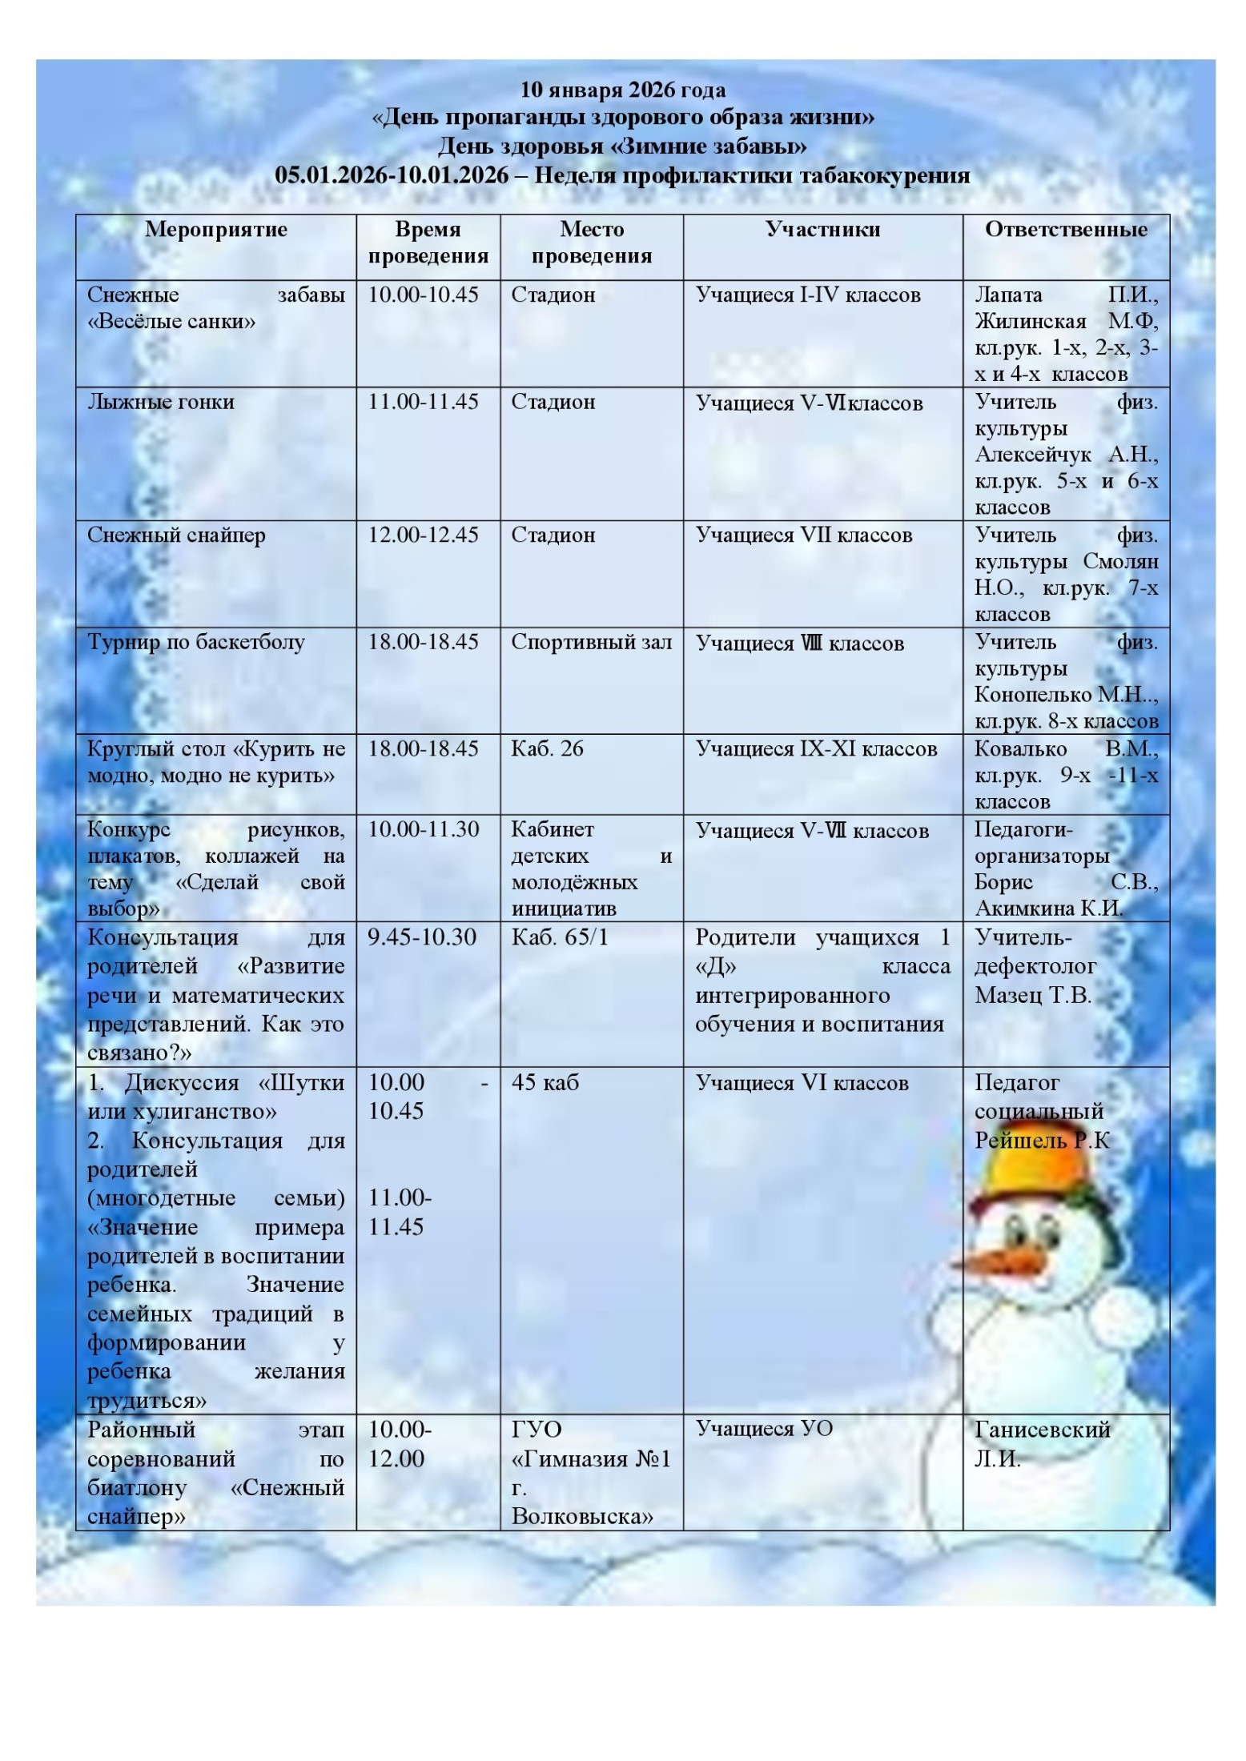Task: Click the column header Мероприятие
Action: pyautogui.click(x=215, y=230)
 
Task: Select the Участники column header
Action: pyautogui.click(x=822, y=230)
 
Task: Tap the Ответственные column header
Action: pyautogui.click(x=1066, y=230)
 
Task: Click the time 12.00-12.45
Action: pyautogui.click(x=423, y=536)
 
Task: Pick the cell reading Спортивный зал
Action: pyautogui.click(x=591, y=643)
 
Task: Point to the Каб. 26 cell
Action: pyautogui.click(x=547, y=749)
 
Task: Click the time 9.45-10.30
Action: pyautogui.click(x=422, y=937)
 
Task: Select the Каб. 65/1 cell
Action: pyautogui.click(x=560, y=937)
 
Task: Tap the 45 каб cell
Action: pyautogui.click(x=545, y=1083)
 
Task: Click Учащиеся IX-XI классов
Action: pyautogui.click(x=816, y=749)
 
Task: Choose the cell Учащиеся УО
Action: pyautogui.click(x=764, y=1429)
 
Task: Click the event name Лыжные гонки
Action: pyautogui.click(x=161, y=402)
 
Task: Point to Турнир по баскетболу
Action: pyautogui.click(x=196, y=643)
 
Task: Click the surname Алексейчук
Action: pyautogui.click(x=1032, y=455)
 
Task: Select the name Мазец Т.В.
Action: pyautogui.click(x=1032, y=996)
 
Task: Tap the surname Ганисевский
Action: pyautogui.click(x=1042, y=1430)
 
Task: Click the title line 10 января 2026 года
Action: pyautogui.click(x=623, y=90)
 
